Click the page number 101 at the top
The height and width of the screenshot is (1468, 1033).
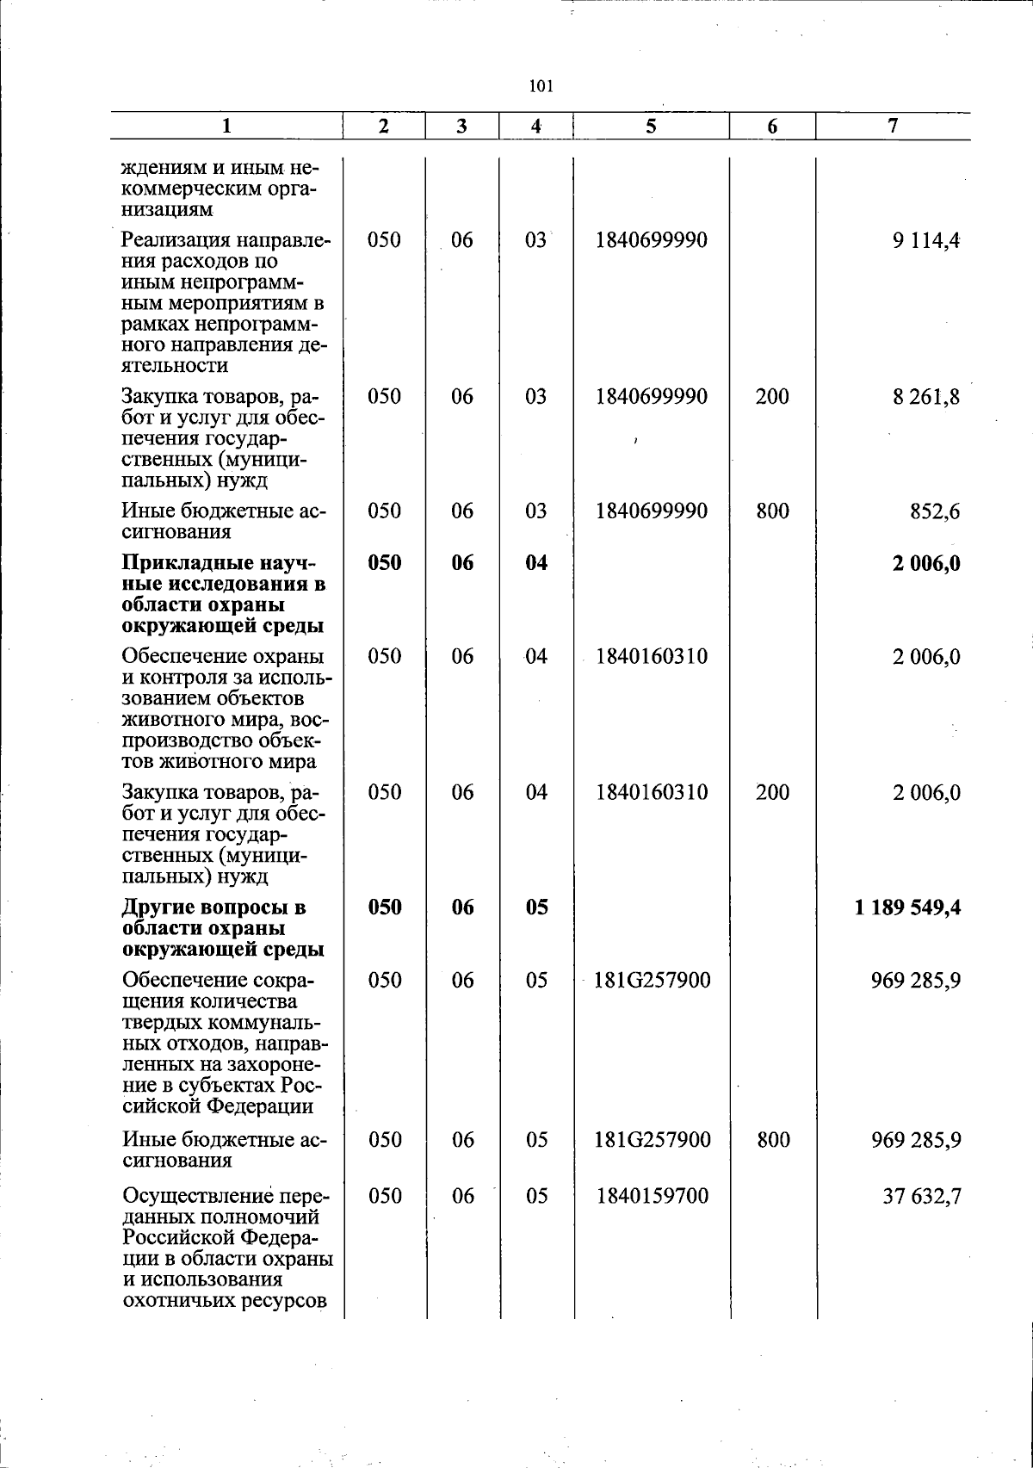click(x=540, y=86)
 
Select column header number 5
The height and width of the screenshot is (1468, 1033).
click(x=651, y=127)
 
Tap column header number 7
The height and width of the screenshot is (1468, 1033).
click(x=893, y=126)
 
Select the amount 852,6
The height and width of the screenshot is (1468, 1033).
click(x=935, y=511)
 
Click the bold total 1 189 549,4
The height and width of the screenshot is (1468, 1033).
click(x=908, y=907)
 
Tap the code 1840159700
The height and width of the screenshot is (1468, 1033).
click(x=652, y=1196)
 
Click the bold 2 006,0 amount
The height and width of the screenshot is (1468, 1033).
click(x=926, y=564)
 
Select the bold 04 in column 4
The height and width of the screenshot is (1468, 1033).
click(x=536, y=563)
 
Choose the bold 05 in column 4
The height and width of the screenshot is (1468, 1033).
click(x=536, y=907)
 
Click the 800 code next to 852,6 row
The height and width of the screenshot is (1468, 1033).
click(x=772, y=511)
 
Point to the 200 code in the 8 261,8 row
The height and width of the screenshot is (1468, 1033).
click(x=772, y=397)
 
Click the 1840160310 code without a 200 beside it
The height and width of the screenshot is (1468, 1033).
click(x=652, y=657)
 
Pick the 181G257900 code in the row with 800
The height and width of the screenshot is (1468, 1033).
click(x=652, y=1140)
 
